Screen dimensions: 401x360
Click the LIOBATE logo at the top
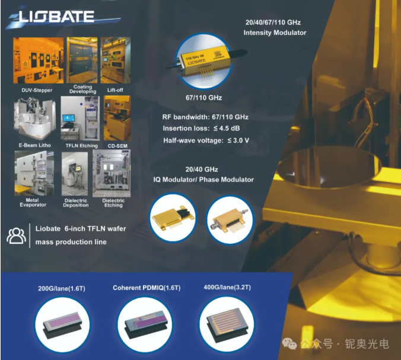[x=56, y=17]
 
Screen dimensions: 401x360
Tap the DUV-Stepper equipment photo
[x=39, y=60]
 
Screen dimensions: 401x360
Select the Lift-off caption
[x=115, y=90]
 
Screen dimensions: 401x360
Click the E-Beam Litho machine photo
[x=35, y=118]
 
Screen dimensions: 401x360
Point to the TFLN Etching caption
[x=82, y=146]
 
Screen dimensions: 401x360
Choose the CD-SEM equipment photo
[x=117, y=118]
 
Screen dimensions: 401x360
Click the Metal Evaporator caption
[x=33, y=202]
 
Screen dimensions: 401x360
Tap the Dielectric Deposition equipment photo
[x=75, y=174]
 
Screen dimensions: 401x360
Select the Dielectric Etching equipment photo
[x=112, y=173]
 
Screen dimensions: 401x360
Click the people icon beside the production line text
[x=17, y=235]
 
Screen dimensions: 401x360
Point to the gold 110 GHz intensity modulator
[x=205, y=61]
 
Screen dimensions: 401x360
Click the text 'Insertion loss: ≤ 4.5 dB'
[x=201, y=128]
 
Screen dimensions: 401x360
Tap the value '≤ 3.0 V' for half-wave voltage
[x=238, y=141]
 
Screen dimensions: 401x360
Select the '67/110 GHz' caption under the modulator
[x=204, y=98]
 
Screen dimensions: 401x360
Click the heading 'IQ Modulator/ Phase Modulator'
[x=203, y=180]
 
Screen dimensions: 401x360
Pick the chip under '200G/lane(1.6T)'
[x=62, y=325]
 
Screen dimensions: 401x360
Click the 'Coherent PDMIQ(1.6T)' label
[x=147, y=288]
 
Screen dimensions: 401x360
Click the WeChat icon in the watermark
[x=289, y=343]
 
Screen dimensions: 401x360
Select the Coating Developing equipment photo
[x=82, y=60]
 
